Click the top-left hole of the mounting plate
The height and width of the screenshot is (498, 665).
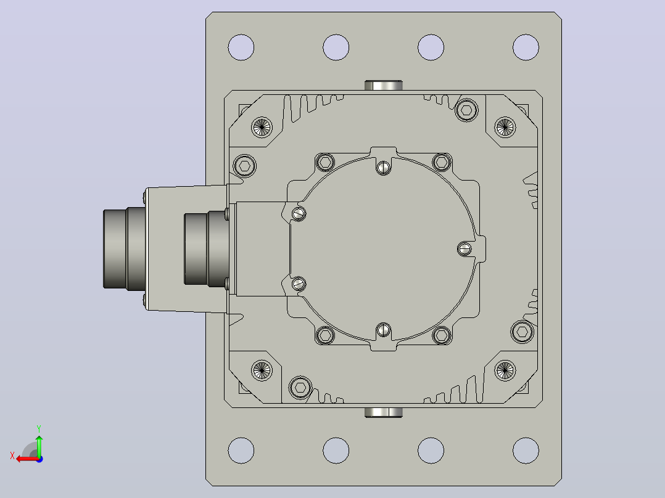(x=241, y=47)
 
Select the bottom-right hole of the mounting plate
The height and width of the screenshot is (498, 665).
(x=526, y=450)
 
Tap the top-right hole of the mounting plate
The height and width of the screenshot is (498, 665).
(x=526, y=47)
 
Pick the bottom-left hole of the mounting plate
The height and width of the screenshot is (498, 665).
(x=241, y=450)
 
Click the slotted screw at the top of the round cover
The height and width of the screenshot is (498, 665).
(x=384, y=168)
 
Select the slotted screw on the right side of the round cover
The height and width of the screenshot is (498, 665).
(x=465, y=249)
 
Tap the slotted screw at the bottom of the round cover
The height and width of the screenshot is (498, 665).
(x=384, y=329)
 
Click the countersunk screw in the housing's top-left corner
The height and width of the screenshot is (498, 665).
(x=262, y=127)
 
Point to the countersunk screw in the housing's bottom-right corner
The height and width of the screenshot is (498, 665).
(x=505, y=370)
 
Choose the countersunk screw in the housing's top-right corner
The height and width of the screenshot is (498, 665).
(x=505, y=127)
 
